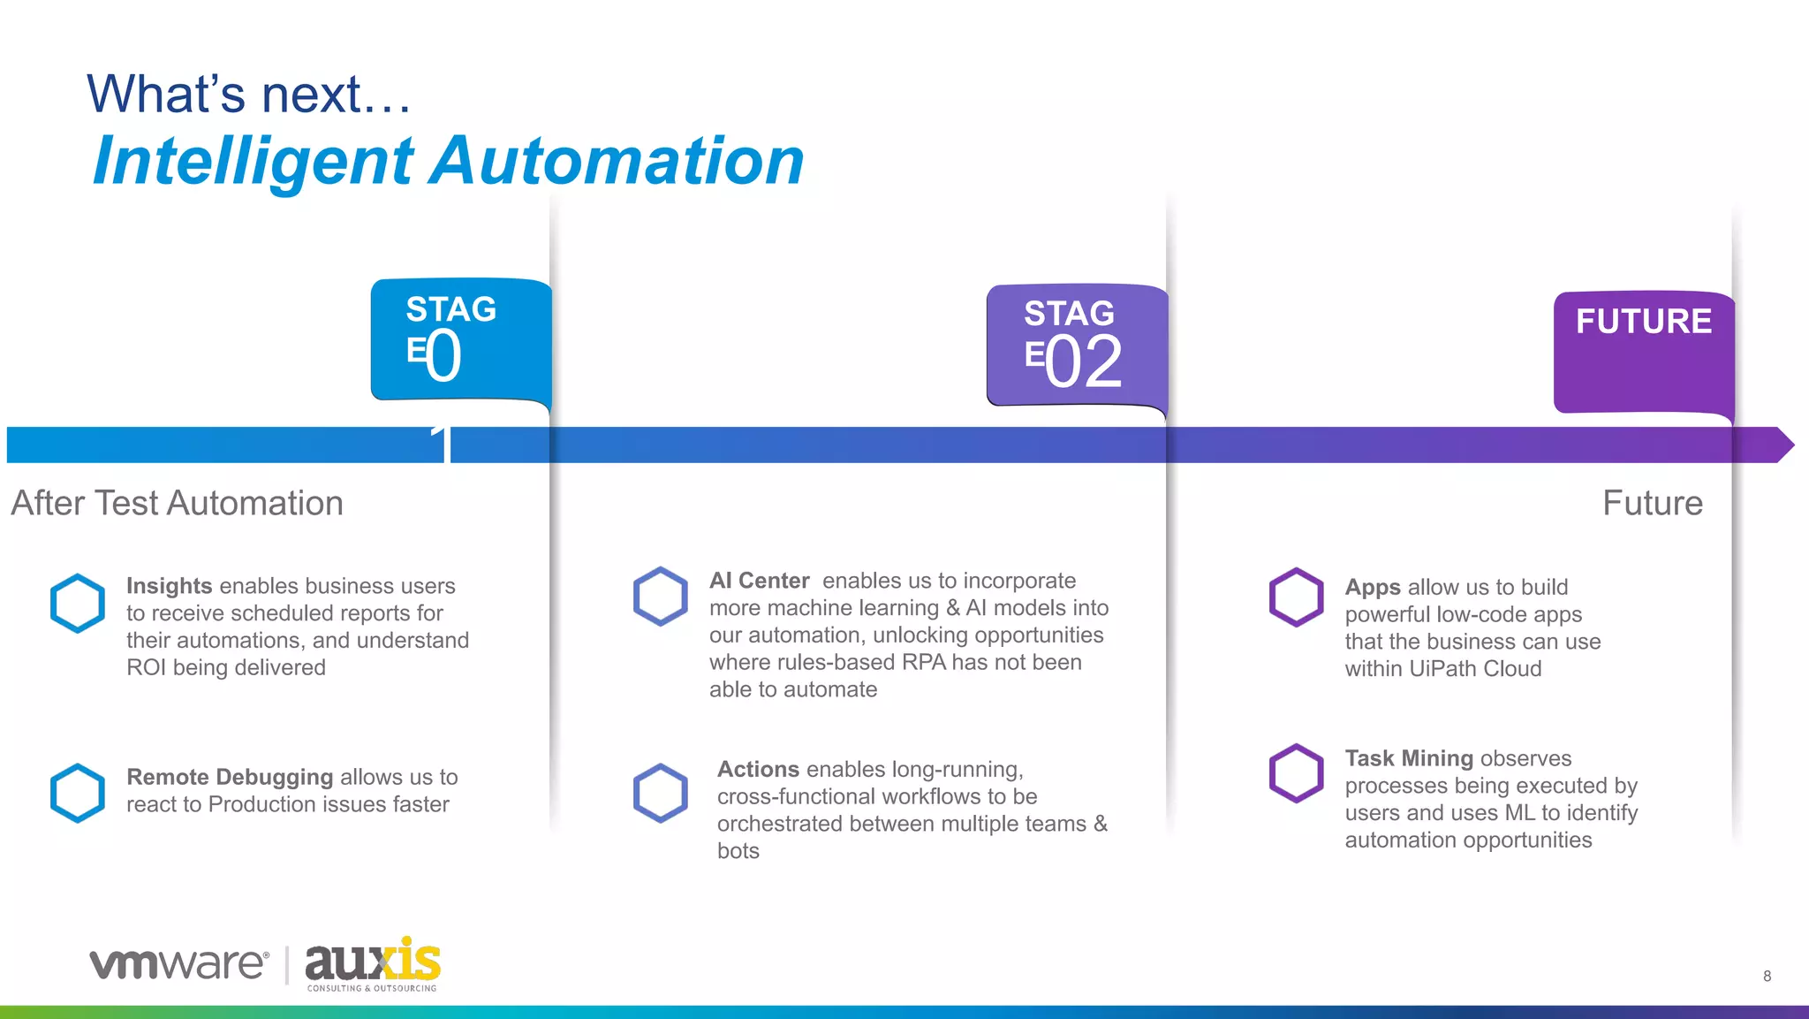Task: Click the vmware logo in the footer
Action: tap(179, 963)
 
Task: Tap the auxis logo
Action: tap(372, 963)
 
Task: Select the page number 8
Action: tap(1767, 976)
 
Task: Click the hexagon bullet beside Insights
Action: tap(78, 604)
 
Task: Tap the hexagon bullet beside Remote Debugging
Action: tap(78, 793)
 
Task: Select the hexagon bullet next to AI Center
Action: tap(660, 597)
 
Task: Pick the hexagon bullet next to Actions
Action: tap(660, 793)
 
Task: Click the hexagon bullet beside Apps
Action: tap(1296, 597)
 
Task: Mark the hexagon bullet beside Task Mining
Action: tap(1296, 773)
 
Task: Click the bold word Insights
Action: tap(169, 586)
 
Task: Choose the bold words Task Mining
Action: tap(1409, 758)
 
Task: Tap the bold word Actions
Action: tap(758, 769)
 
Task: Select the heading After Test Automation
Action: tap(177, 503)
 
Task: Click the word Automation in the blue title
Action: tap(618, 161)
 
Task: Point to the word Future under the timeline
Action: tap(1653, 503)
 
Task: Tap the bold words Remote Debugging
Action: tap(230, 777)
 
